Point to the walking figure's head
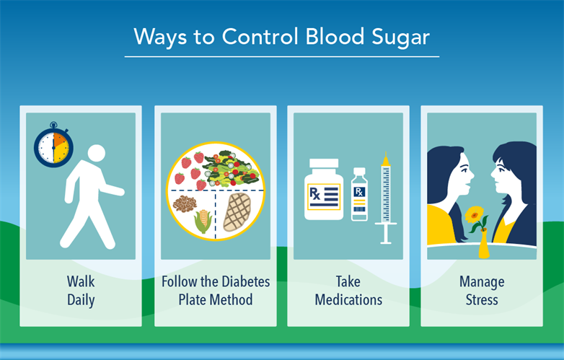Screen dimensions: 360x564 coord(96,154)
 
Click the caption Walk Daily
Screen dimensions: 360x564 coord(81,289)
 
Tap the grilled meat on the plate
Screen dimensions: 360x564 coord(236,211)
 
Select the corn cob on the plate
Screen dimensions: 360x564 coord(203,220)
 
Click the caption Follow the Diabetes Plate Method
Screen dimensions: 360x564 coord(215,289)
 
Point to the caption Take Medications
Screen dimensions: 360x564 coord(348,289)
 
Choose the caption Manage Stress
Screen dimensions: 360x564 coord(482,289)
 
